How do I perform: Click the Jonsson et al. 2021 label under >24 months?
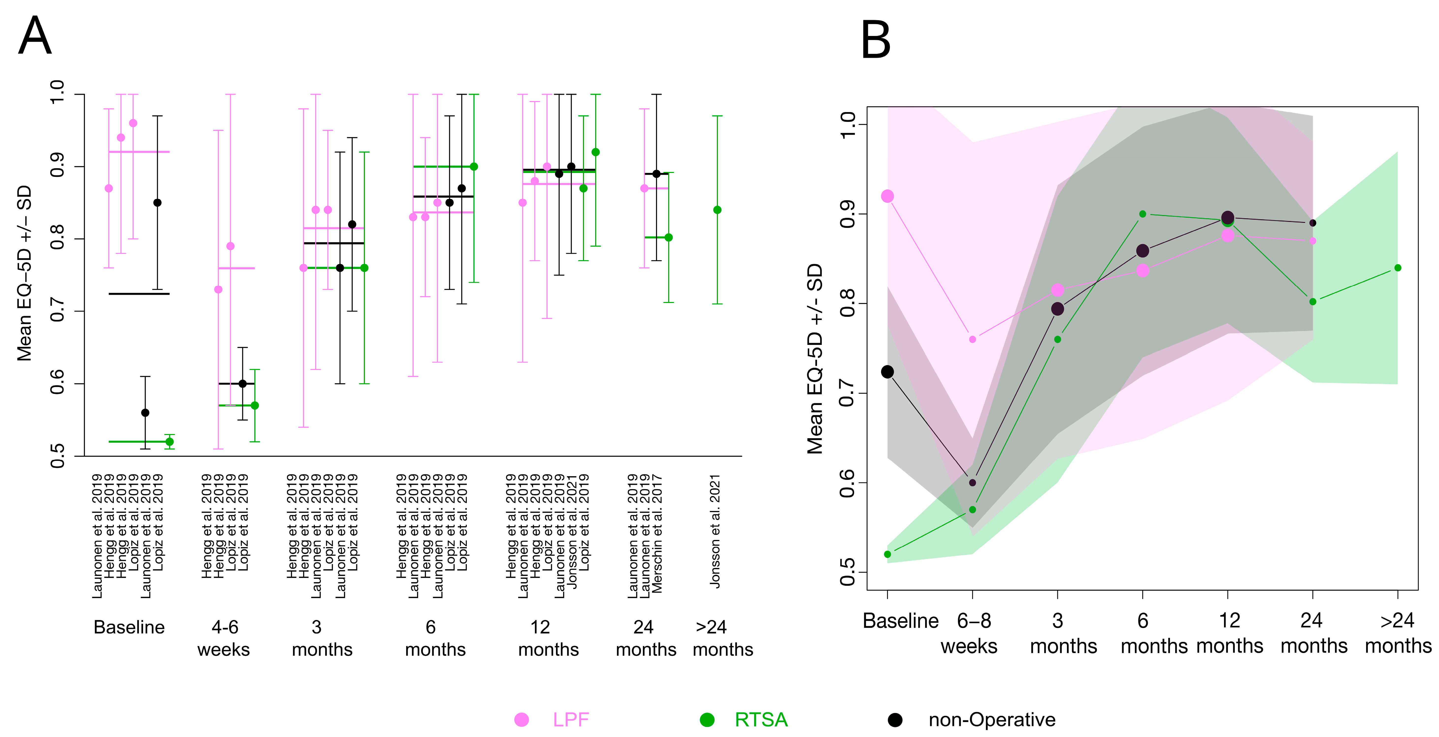[x=715, y=531]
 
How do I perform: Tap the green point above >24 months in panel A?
[x=717, y=210]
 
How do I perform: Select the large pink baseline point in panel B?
[x=887, y=196]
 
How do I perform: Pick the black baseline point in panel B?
[x=887, y=371]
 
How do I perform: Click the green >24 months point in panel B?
[x=1398, y=268]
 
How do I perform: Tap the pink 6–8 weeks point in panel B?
[x=973, y=339]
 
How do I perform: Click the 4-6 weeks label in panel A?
[x=224, y=638]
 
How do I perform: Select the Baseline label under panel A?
[x=129, y=627]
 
